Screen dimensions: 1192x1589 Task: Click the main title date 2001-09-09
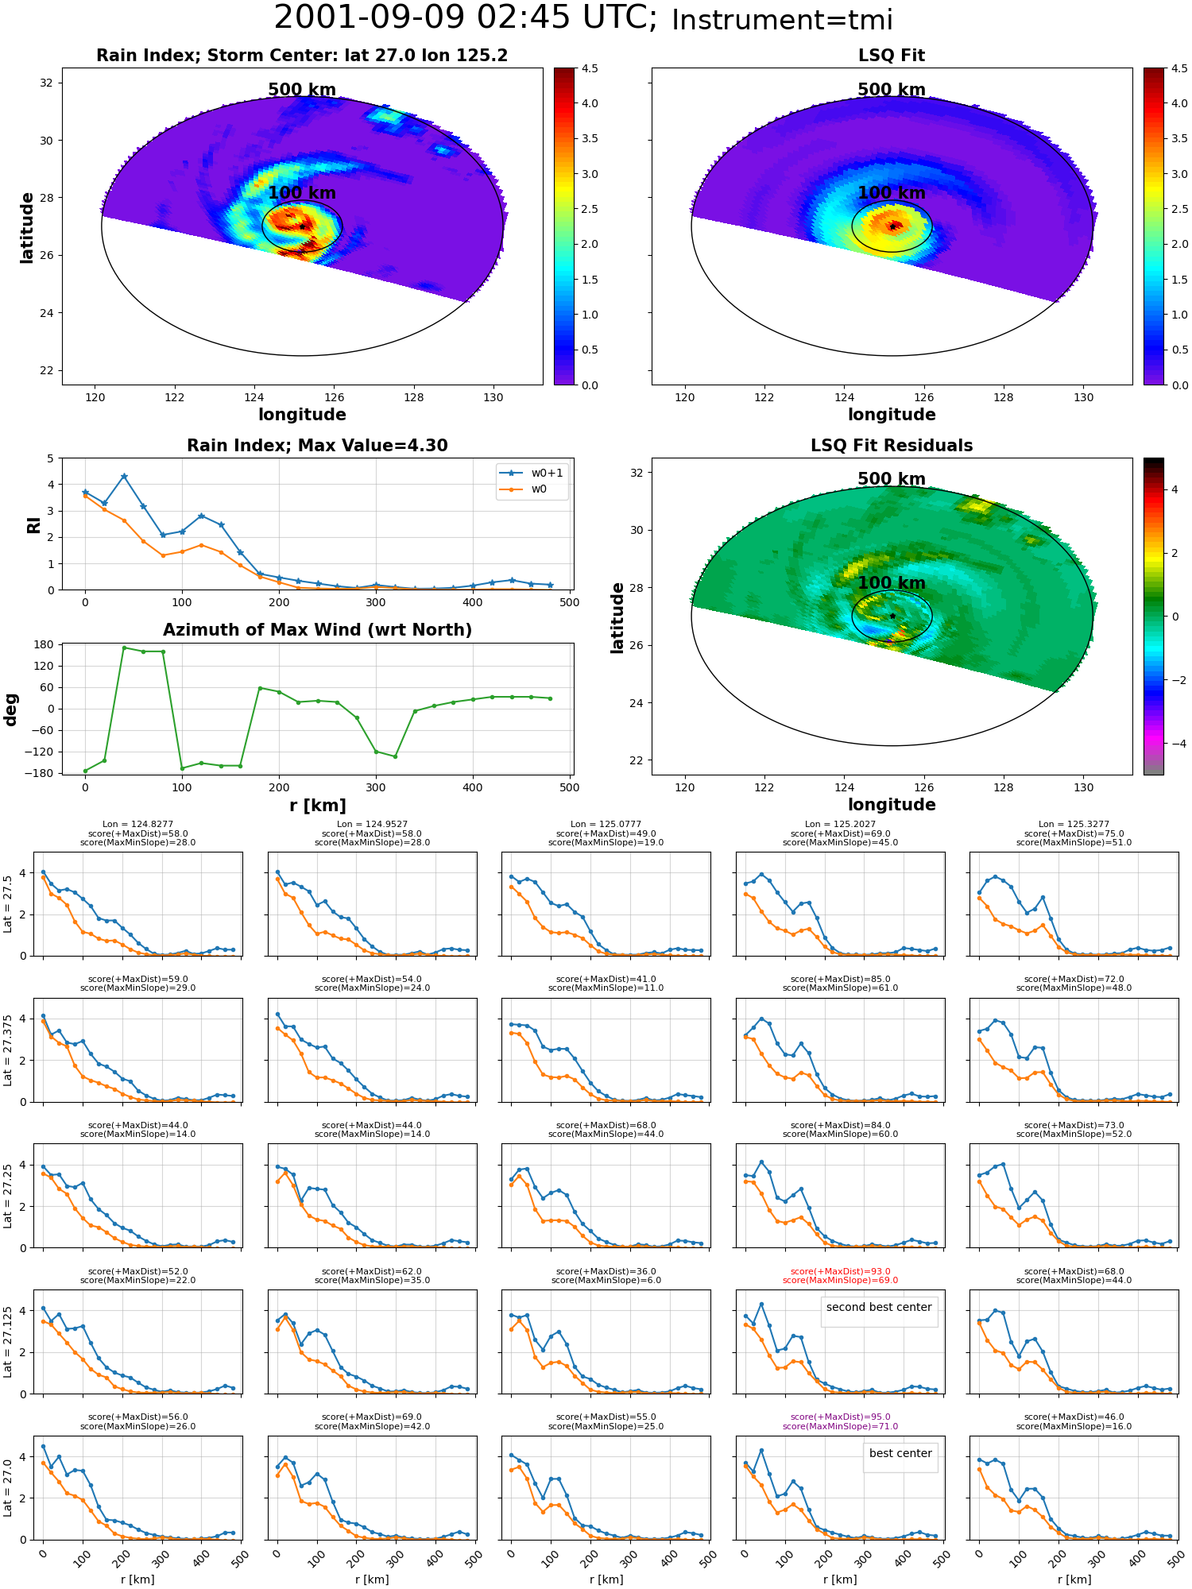click(373, 18)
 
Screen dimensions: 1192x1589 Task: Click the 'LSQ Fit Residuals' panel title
click(892, 446)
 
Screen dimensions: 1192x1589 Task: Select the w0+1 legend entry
click(532, 473)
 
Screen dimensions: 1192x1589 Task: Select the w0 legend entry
click(524, 489)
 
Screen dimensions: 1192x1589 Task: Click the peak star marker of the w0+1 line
click(124, 477)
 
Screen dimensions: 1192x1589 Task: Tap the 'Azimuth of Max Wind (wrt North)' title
click(317, 630)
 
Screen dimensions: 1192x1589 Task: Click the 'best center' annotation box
click(900, 1452)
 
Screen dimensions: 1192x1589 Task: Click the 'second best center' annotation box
click(879, 1306)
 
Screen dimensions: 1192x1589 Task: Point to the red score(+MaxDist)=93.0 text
click(840, 1271)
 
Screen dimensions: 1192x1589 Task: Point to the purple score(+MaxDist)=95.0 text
click(840, 1417)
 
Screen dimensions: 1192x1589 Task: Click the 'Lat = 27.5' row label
click(8, 904)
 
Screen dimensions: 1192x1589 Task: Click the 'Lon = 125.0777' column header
click(606, 825)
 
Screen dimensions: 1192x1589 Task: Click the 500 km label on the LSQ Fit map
click(892, 90)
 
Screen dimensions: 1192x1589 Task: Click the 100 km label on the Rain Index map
click(302, 193)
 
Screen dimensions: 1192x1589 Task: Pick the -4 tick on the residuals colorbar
click(1175, 744)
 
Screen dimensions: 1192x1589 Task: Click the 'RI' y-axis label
click(33, 524)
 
